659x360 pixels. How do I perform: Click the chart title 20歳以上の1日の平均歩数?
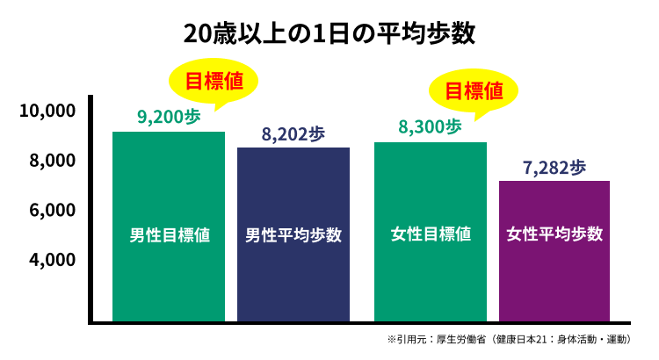pyautogui.click(x=329, y=33)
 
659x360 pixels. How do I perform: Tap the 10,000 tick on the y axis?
pyautogui.click(x=47, y=111)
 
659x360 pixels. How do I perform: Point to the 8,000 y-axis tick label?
pyautogui.click(x=52, y=161)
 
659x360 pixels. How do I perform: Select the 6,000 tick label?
pyautogui.click(x=52, y=211)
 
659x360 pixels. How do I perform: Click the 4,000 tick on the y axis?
pyautogui.click(x=52, y=260)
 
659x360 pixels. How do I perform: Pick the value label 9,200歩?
pyautogui.click(x=169, y=116)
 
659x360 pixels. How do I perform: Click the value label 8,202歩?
pyautogui.click(x=293, y=133)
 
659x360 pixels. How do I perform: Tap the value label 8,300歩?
pyautogui.click(x=430, y=126)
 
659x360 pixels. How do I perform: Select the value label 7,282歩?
pyautogui.click(x=554, y=167)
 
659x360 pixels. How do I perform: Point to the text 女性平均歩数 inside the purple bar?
pyautogui.click(x=554, y=235)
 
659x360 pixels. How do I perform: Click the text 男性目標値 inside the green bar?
pyautogui.click(x=170, y=235)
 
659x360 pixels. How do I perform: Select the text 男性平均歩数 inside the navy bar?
pyautogui.click(x=293, y=235)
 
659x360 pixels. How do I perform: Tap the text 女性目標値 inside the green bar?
pyautogui.click(x=431, y=235)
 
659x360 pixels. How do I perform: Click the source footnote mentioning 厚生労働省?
pyautogui.click(x=515, y=339)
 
